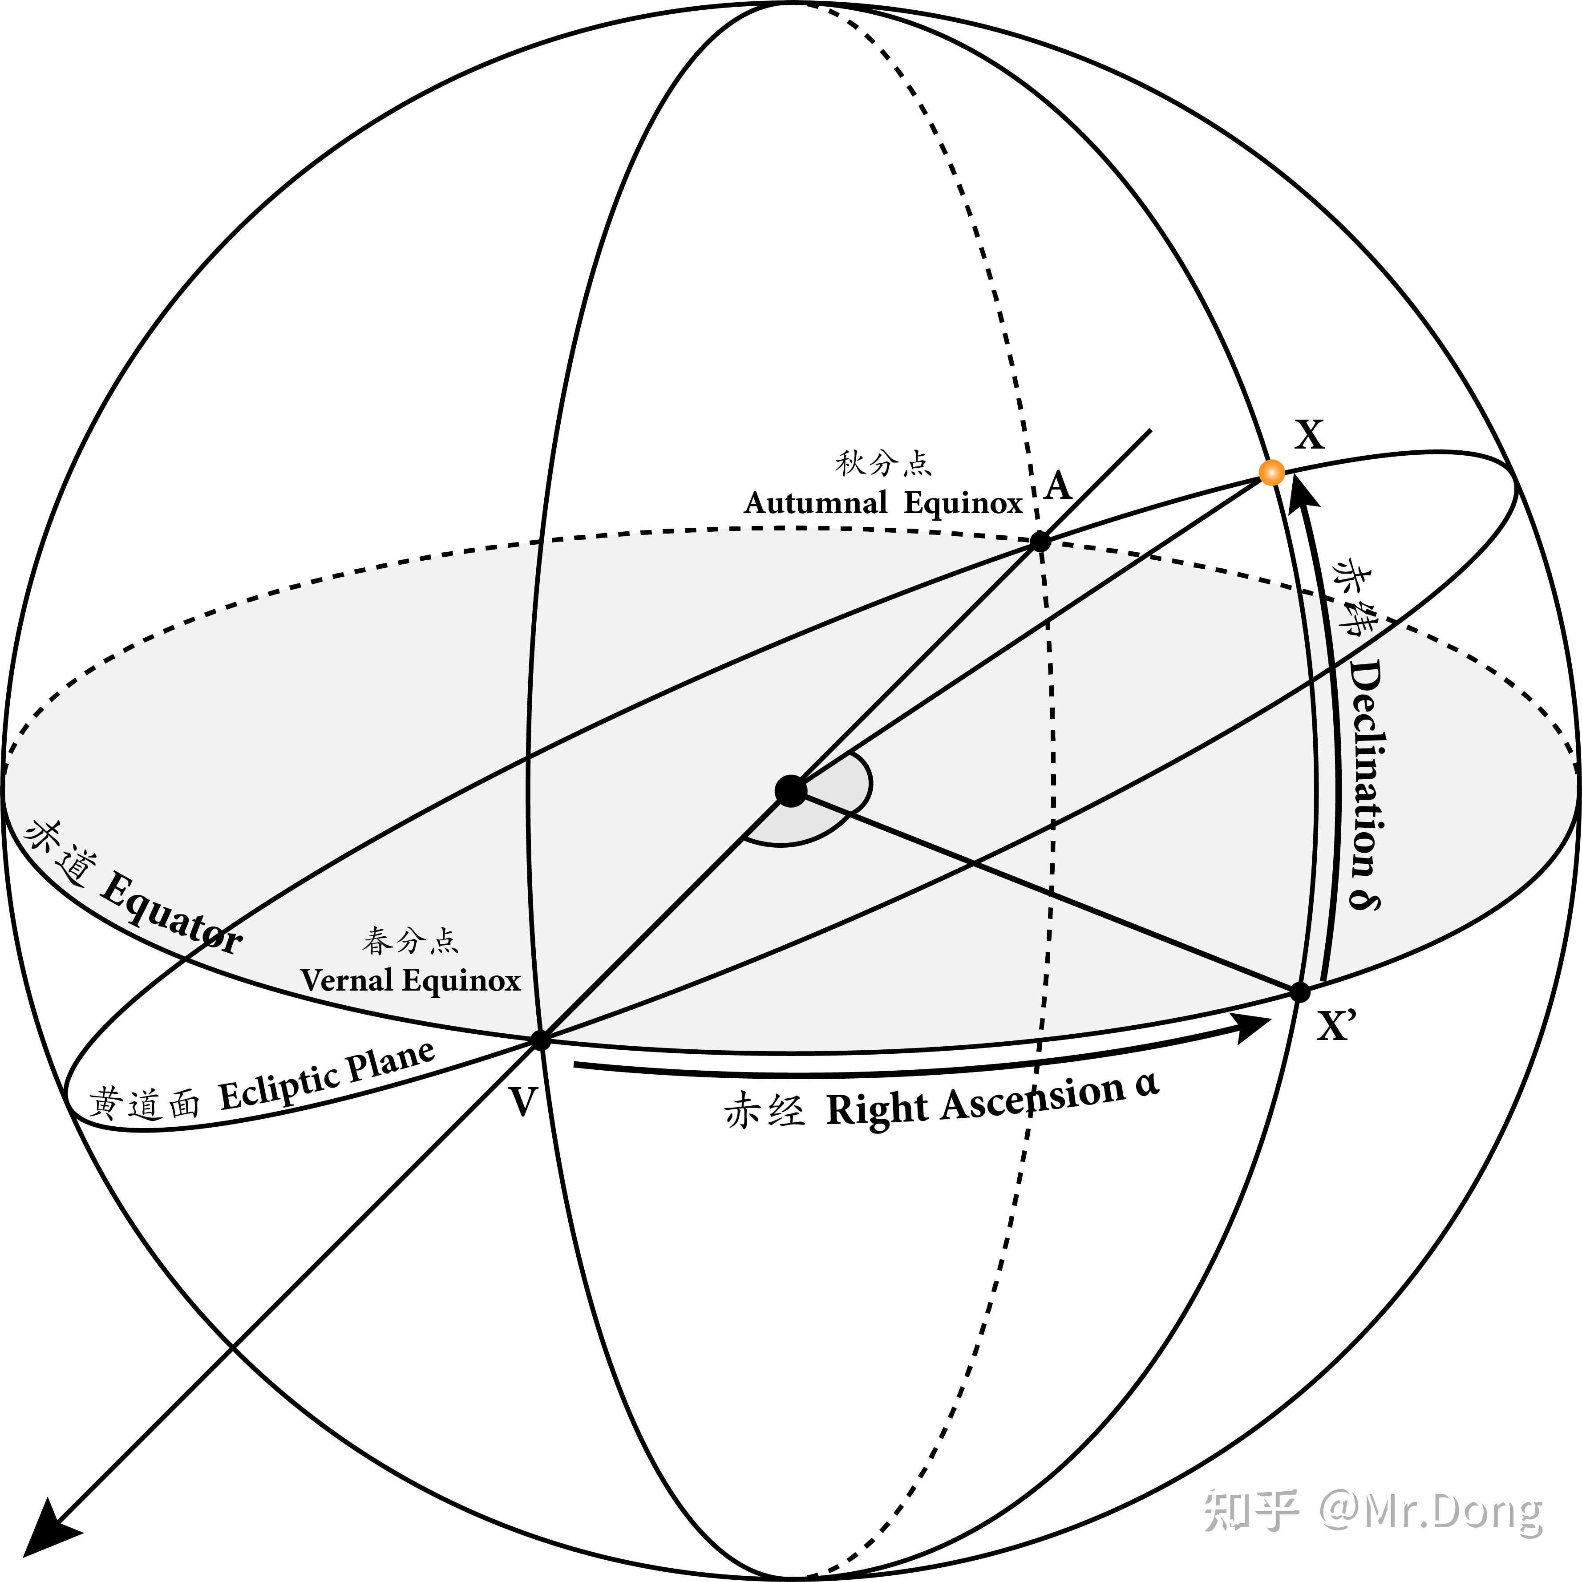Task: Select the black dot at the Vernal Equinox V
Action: (540, 1040)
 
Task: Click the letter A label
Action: (1058, 486)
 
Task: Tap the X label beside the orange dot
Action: (1308, 435)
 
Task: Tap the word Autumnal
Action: (815, 503)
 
